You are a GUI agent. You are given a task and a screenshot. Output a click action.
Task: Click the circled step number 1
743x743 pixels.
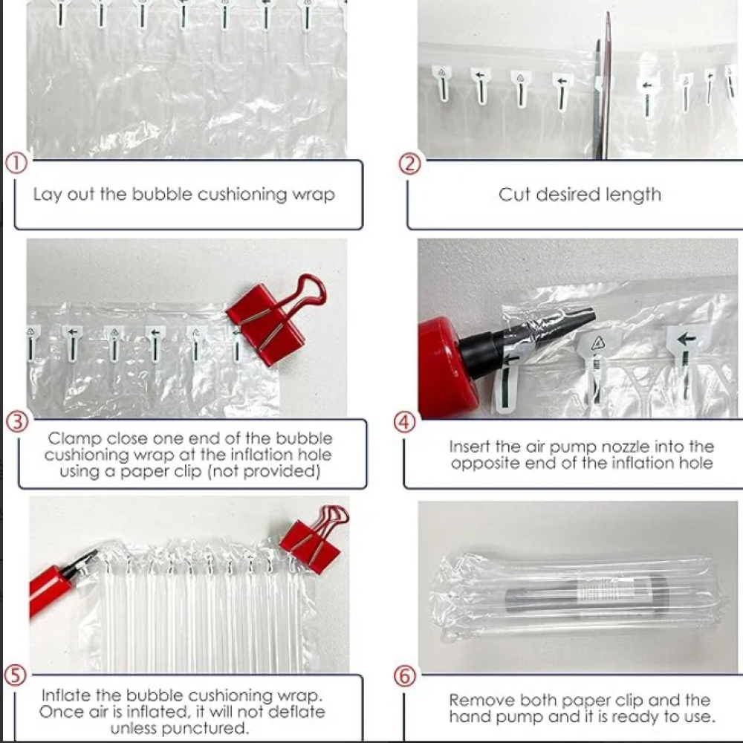16,164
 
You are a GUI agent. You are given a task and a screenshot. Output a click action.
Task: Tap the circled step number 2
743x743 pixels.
410,164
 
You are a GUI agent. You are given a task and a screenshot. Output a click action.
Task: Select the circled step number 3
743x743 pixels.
17,421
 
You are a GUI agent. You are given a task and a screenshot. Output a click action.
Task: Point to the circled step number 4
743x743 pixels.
405,422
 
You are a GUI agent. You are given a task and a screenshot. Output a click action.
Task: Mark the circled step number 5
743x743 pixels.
15,675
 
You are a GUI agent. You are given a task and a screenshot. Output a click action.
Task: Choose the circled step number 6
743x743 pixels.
405,676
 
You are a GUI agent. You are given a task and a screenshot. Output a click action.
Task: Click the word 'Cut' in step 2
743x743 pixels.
515,194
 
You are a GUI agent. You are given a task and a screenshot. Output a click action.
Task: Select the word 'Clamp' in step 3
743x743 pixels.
74,438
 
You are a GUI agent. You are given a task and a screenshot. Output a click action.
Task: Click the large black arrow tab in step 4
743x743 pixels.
687,341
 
